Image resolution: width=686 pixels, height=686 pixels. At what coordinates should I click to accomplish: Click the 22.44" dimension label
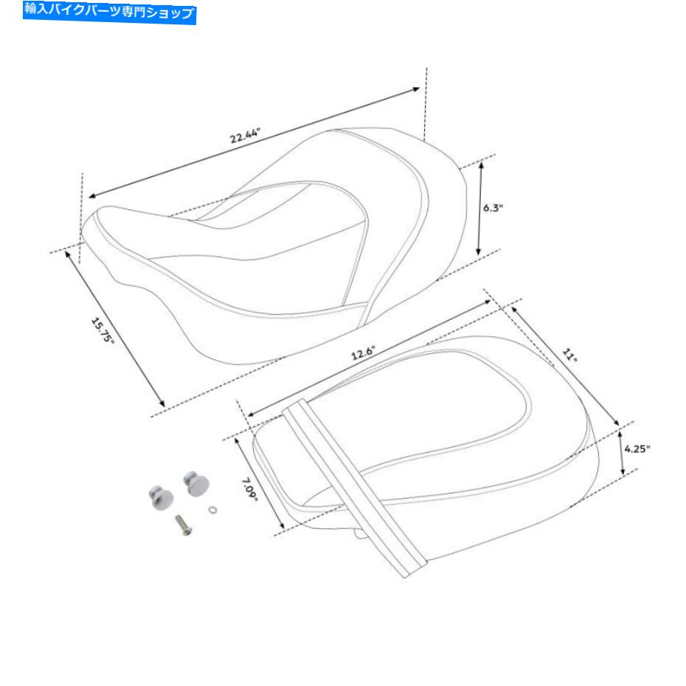pyautogui.click(x=245, y=136)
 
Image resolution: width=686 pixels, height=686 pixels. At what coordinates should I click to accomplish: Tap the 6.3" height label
pyautogui.click(x=493, y=207)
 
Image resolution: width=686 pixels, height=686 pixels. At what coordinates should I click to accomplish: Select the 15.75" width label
pyautogui.click(x=103, y=330)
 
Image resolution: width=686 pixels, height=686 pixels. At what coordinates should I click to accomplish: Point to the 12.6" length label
pyautogui.click(x=363, y=353)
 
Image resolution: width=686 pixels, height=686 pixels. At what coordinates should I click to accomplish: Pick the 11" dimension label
pyautogui.click(x=569, y=355)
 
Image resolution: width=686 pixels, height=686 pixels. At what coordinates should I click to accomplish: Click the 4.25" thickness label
pyautogui.click(x=637, y=448)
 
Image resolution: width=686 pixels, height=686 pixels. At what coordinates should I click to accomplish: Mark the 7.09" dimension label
pyautogui.click(x=250, y=490)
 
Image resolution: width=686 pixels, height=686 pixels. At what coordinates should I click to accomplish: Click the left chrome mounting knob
pyautogui.click(x=161, y=497)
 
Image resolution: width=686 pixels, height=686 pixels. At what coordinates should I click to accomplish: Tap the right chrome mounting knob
pyautogui.click(x=195, y=483)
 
